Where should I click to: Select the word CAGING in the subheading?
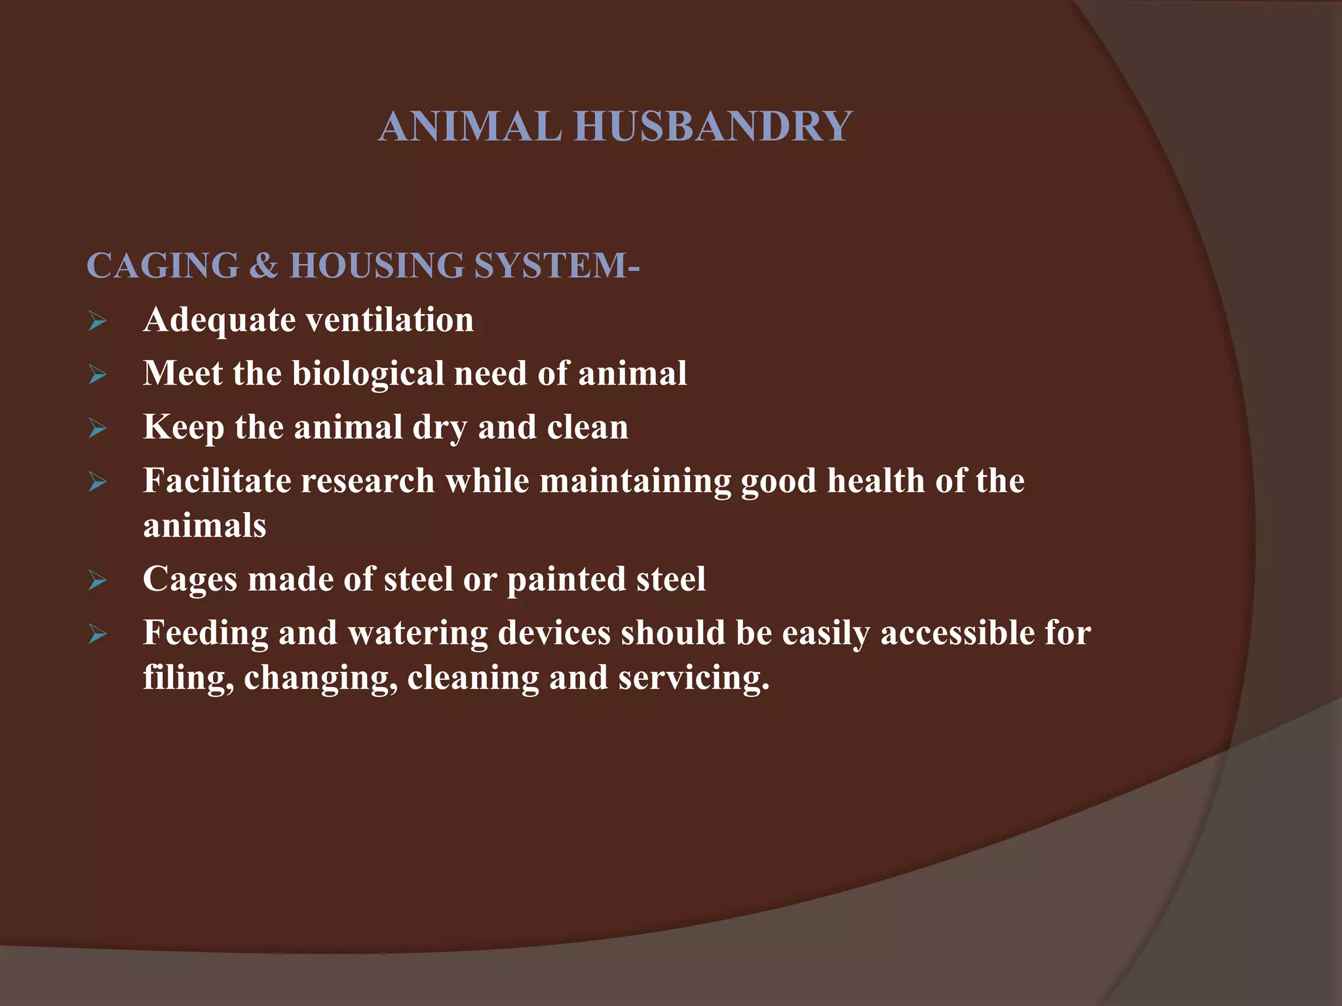point(163,266)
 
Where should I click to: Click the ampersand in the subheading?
point(264,266)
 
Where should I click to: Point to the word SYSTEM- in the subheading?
point(556,266)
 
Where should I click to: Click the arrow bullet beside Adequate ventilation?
point(98,322)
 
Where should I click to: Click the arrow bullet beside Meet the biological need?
point(98,375)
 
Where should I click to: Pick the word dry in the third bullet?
point(440,428)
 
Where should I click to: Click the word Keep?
point(183,428)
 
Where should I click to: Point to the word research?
point(369,481)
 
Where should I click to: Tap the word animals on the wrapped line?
point(204,526)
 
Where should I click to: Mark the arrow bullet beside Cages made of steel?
point(98,581)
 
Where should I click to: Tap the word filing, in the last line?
point(189,679)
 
